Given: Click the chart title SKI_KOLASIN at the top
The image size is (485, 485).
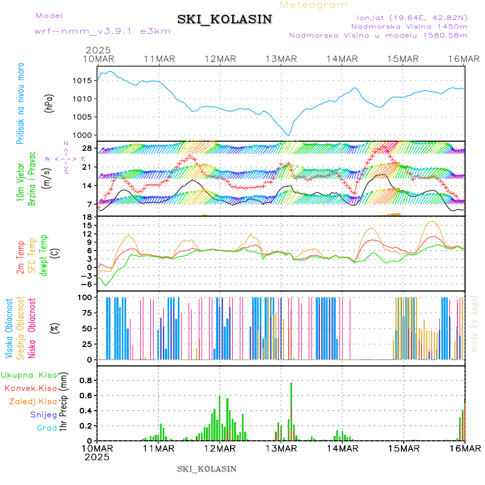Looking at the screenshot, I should point(225,19).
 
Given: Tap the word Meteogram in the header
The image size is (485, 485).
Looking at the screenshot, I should point(314,5).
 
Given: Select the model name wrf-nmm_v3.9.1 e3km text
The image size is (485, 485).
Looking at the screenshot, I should point(102,31).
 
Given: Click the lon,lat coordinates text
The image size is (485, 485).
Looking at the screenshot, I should point(408,18).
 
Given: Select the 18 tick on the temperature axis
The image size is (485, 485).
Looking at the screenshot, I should point(88,217).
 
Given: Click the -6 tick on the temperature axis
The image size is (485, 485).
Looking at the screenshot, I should point(86,284).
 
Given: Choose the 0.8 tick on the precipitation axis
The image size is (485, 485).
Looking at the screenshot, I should point(85,380).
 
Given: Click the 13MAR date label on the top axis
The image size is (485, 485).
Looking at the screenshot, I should point(281,59).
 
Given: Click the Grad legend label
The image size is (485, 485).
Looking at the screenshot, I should point(46,428).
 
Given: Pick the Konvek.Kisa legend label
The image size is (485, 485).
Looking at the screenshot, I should point(30,388).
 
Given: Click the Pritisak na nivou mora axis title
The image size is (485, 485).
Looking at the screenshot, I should point(21,106).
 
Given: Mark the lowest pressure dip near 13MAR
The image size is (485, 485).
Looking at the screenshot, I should point(289,135).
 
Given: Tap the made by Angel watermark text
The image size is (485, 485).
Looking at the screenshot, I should point(475,323).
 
